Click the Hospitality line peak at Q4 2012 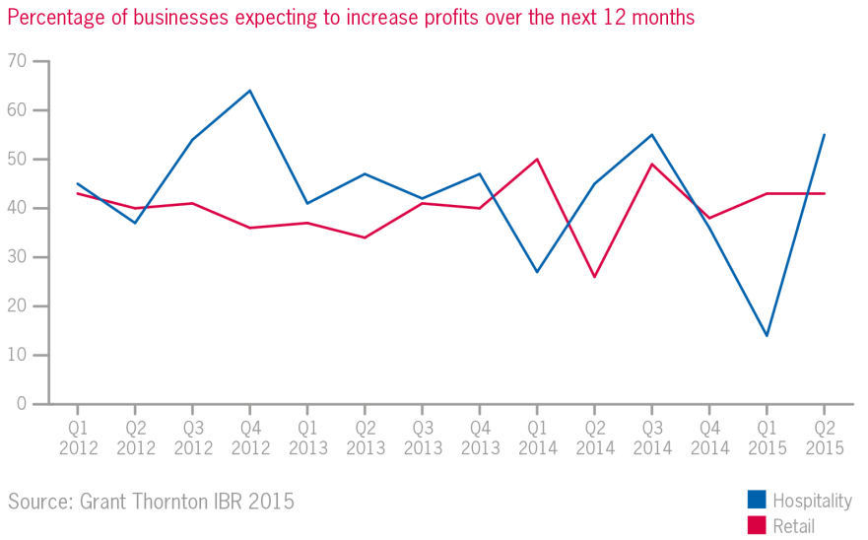coord(249,91)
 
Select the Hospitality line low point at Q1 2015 coord(767,335)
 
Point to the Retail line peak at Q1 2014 coord(537,159)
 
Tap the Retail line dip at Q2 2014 coord(594,276)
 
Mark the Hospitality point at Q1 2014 coord(537,272)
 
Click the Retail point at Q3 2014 coord(651,164)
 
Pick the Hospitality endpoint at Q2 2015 coord(824,135)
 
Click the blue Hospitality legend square coord(757,500)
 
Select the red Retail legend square coord(757,525)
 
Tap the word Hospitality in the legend coord(813,501)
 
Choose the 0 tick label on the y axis coord(20,404)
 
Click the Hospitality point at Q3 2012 coord(192,140)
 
